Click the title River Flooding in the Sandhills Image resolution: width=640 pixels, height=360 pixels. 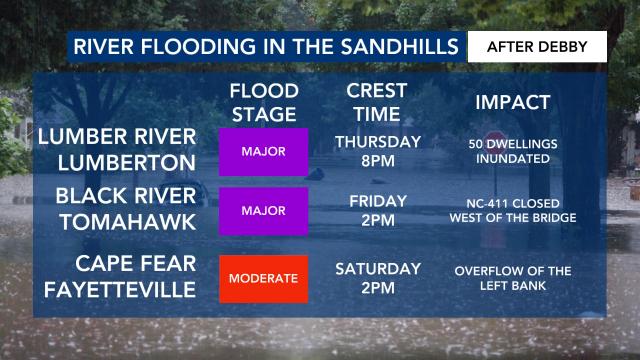pyautogui.click(x=265, y=47)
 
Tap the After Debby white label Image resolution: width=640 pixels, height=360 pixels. pyautogui.click(x=537, y=47)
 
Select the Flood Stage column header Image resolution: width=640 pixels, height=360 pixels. pyautogui.click(x=264, y=102)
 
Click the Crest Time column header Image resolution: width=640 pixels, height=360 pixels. pyautogui.click(x=376, y=102)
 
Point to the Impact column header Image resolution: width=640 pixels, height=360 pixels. pyautogui.click(x=512, y=103)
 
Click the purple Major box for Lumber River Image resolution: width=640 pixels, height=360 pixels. pyautogui.click(x=264, y=152)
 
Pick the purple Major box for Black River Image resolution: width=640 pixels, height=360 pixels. pyautogui.click(x=264, y=210)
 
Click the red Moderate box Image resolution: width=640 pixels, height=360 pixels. pyautogui.click(x=264, y=278)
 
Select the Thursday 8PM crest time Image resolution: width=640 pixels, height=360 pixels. pyautogui.click(x=377, y=151)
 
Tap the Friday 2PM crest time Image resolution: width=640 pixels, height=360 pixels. pyautogui.click(x=377, y=210)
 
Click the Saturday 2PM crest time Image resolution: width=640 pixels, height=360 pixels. pyautogui.click(x=377, y=278)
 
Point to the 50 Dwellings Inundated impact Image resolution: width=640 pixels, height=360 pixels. pyautogui.click(x=513, y=151)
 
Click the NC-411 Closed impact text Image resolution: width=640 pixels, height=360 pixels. pyautogui.click(x=513, y=210)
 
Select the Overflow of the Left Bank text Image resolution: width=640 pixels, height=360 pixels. pyautogui.click(x=513, y=278)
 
